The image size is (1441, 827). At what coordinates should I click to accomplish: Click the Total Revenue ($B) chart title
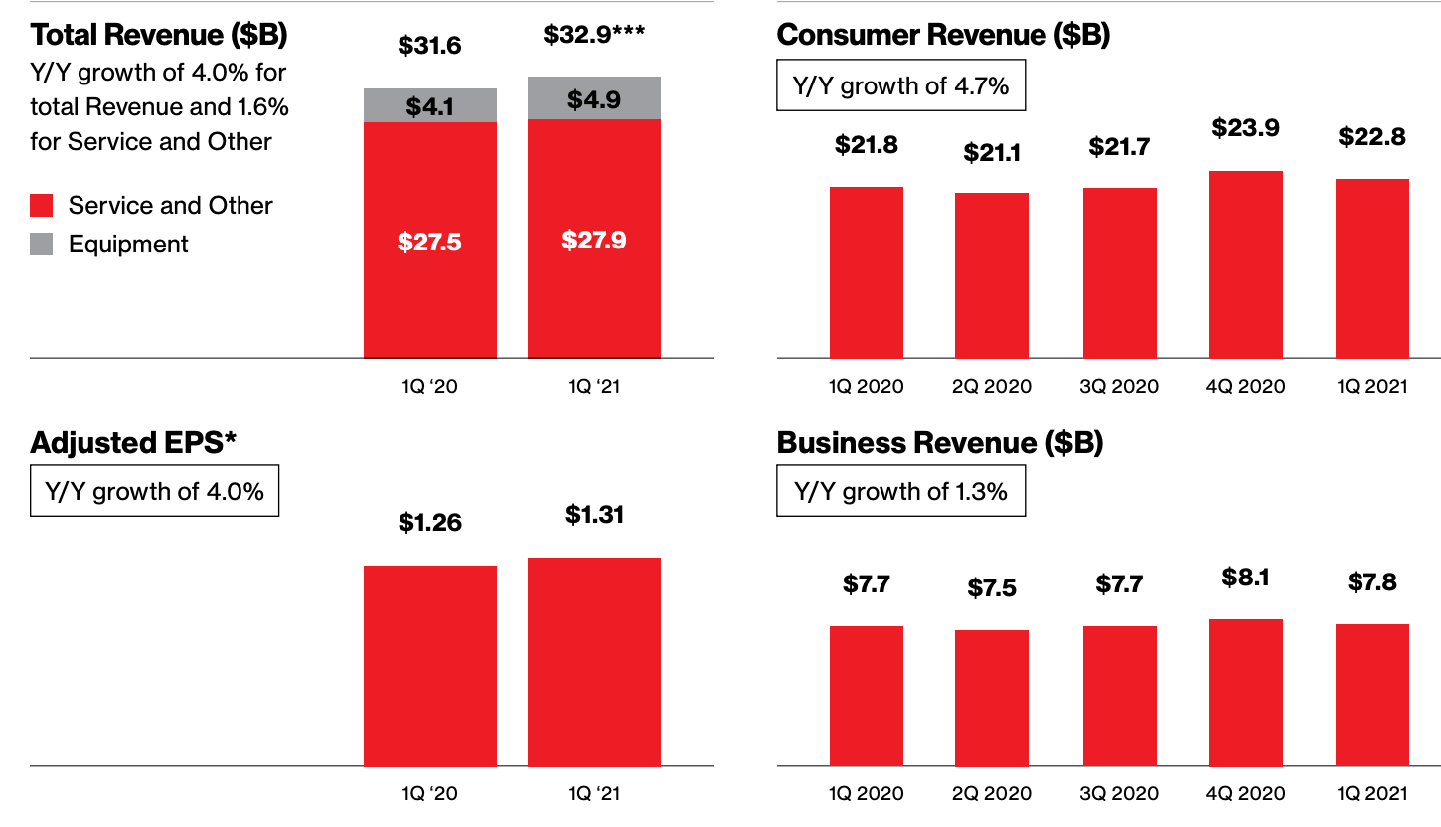tap(159, 35)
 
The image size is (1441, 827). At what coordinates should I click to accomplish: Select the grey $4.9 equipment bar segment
tap(593, 98)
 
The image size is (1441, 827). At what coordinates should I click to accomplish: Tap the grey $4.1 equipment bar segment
tap(429, 106)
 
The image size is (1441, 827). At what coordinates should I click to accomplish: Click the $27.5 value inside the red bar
tap(429, 242)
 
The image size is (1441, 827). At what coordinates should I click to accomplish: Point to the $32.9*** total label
tap(593, 35)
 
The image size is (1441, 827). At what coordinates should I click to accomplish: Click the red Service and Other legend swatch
tap(42, 206)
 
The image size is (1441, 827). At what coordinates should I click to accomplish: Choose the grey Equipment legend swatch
tap(42, 245)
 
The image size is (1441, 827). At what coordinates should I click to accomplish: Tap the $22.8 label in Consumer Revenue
tap(1371, 137)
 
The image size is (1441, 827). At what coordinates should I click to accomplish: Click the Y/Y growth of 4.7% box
tap(900, 85)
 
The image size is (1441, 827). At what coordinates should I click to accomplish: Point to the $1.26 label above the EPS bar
tap(429, 522)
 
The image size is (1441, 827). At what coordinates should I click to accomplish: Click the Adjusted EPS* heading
tap(134, 443)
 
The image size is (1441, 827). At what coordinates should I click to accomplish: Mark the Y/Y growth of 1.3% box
tap(900, 491)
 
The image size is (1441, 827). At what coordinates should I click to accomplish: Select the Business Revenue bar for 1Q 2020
tap(866, 696)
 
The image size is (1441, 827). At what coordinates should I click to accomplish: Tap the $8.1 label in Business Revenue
tap(1245, 578)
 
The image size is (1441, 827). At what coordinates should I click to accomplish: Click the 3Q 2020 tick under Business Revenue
tap(1119, 793)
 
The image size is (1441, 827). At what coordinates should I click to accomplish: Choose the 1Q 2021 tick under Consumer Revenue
tap(1371, 386)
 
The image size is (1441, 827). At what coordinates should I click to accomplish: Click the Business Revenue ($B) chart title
tap(940, 443)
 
